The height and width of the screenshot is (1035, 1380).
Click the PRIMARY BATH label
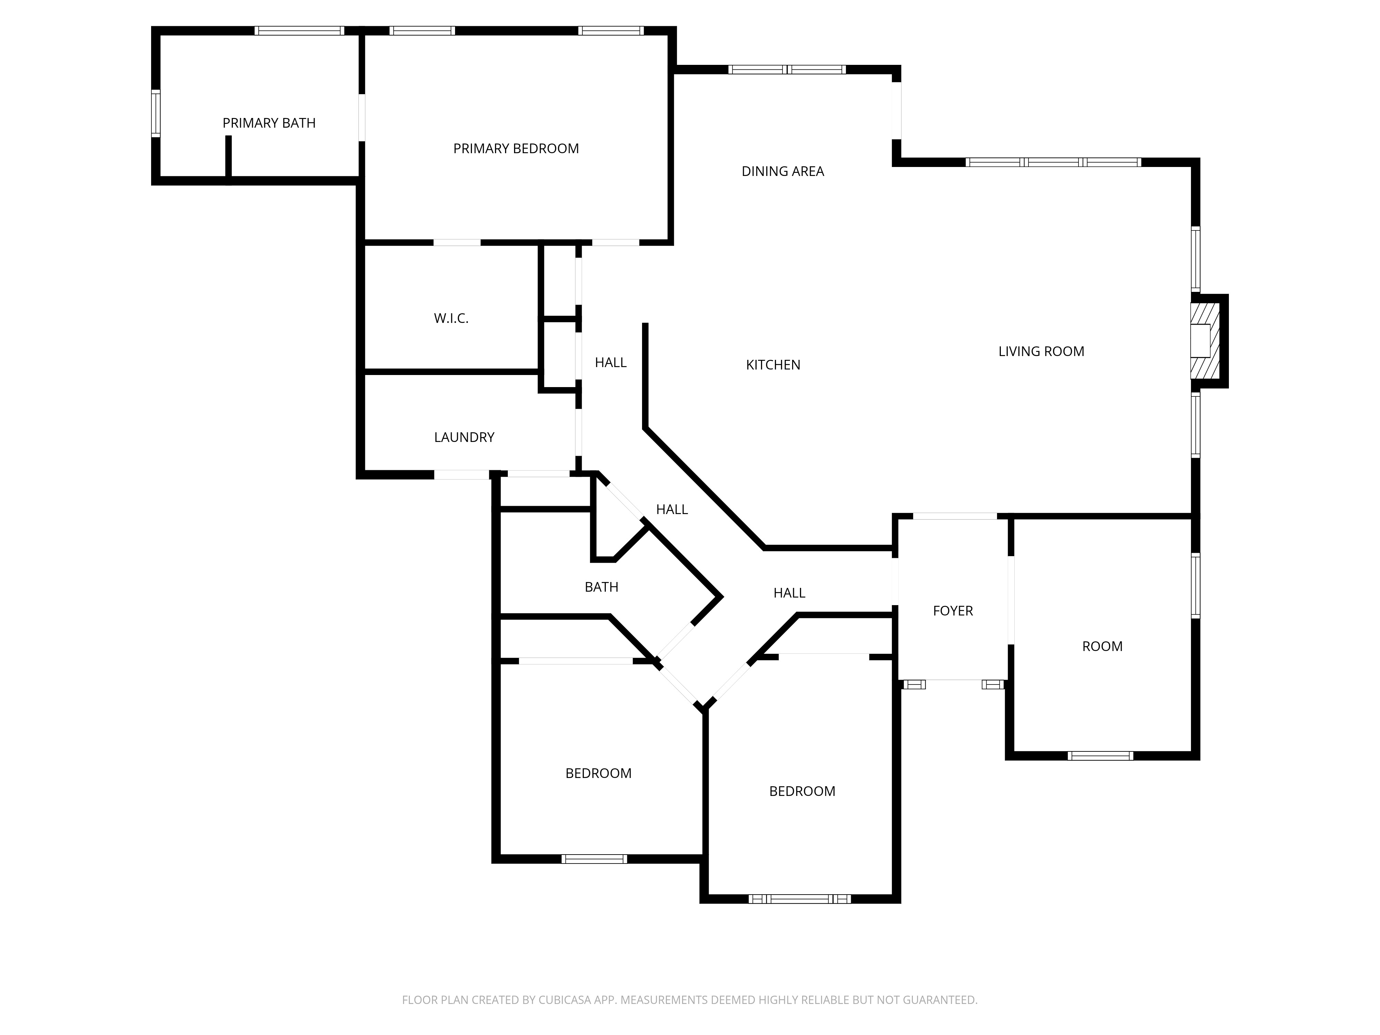(269, 123)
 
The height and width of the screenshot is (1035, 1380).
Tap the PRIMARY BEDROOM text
(515, 148)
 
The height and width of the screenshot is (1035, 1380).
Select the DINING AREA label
(782, 171)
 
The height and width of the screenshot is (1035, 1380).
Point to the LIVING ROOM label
(1041, 351)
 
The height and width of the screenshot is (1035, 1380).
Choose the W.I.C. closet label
(451, 318)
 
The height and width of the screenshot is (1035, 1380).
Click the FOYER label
(952, 611)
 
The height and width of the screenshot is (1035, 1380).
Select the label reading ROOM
(1102, 646)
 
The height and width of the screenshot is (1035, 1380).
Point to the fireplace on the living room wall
(1204, 341)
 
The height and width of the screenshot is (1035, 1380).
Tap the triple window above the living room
(1053, 162)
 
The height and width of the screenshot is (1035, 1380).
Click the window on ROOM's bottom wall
(1100, 756)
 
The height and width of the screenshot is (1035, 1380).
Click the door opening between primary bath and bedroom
(361, 117)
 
